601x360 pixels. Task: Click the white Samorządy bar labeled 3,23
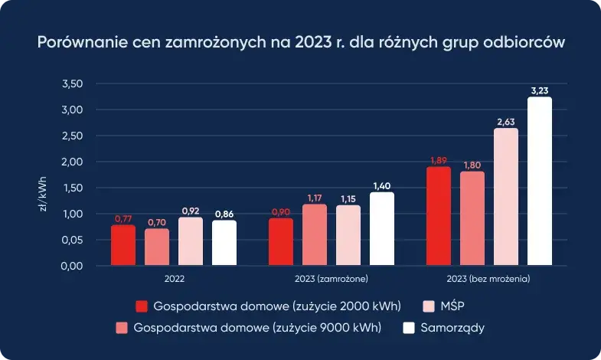tap(539, 182)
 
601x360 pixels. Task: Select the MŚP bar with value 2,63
tap(505, 197)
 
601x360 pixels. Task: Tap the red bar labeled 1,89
tap(438, 216)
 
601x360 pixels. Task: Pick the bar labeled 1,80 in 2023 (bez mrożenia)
tap(472, 218)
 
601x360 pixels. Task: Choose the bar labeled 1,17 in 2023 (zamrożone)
tap(314, 235)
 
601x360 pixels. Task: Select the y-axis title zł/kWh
tap(44, 195)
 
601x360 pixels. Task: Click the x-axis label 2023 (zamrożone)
tap(331, 278)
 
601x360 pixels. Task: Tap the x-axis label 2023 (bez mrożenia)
tap(488, 278)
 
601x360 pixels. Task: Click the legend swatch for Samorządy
tap(409, 328)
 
